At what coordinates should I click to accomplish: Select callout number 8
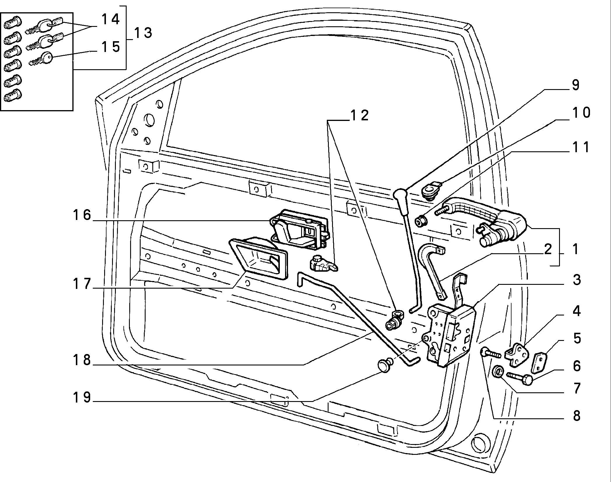click(x=577, y=416)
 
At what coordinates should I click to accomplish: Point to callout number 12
click(x=359, y=115)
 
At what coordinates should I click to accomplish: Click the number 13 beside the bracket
click(x=143, y=32)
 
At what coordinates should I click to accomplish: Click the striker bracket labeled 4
click(x=516, y=354)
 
